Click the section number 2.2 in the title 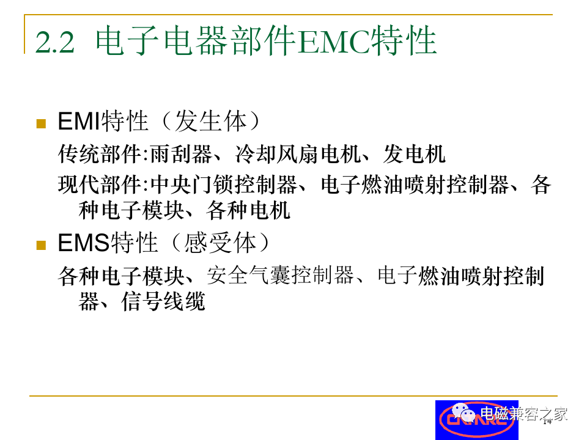click(55, 42)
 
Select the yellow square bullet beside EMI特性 click(41, 123)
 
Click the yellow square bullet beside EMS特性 click(41, 245)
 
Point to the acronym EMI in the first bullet click(79, 121)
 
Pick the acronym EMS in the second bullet click(84, 243)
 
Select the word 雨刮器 click(181, 154)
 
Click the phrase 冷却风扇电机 click(298, 154)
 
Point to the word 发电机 click(415, 154)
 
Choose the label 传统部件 click(100, 154)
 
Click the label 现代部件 click(100, 185)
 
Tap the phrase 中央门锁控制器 click(224, 185)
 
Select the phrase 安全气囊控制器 click(281, 276)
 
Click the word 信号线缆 click(163, 301)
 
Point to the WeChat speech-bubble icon click(463, 413)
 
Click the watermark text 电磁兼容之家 click(524, 414)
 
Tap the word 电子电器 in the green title click(161, 41)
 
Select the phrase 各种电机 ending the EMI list click(248, 211)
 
